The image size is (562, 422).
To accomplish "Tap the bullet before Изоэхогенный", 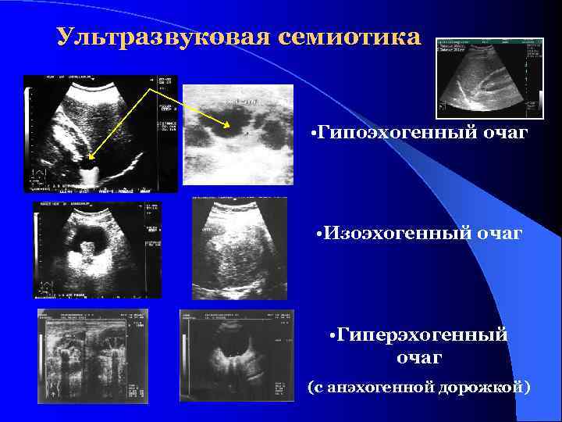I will (321, 233).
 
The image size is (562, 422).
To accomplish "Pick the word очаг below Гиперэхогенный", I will (419, 358).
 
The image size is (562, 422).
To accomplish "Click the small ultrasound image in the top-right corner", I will (489, 76).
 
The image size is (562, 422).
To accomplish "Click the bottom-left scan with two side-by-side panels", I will (93, 356).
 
